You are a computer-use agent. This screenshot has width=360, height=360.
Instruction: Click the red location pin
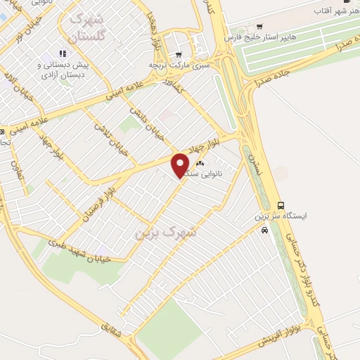tap(181, 166)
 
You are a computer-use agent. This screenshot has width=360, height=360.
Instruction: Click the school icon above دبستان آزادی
tap(63, 53)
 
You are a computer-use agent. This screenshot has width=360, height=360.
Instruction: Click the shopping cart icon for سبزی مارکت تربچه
tap(179, 55)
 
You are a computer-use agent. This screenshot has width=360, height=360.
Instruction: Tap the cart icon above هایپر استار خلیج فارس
tap(259, 27)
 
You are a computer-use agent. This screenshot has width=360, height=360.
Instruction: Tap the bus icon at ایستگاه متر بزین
tap(281, 205)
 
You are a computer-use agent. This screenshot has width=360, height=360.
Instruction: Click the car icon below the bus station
tap(264, 231)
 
